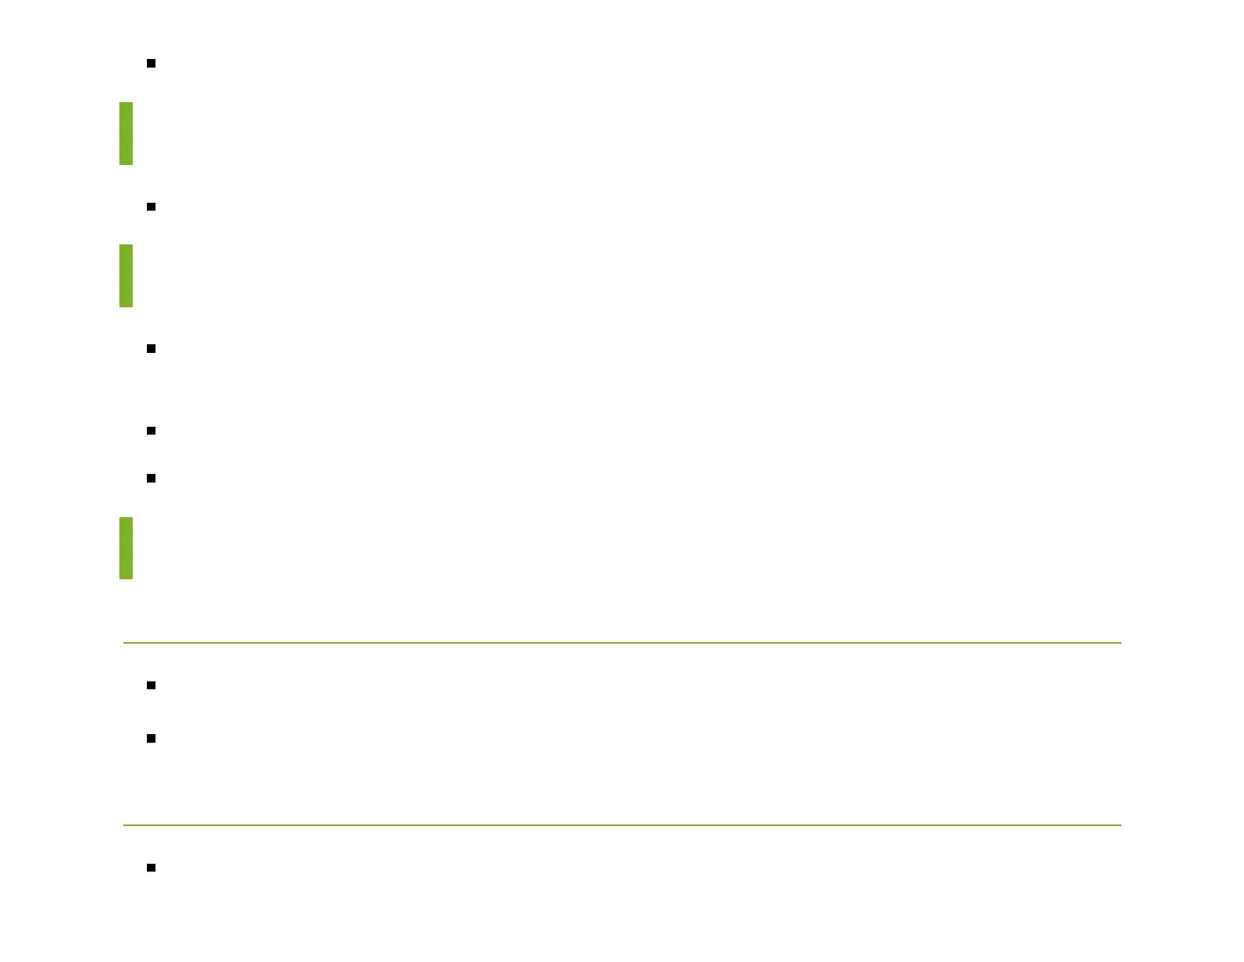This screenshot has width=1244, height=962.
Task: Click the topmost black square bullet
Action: (x=151, y=63)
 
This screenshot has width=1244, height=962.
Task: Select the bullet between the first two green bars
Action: (x=151, y=207)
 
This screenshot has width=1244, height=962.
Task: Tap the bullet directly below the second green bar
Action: (x=151, y=348)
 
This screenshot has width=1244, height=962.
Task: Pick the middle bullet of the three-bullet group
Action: (x=151, y=431)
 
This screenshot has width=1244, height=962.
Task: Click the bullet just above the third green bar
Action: (x=151, y=478)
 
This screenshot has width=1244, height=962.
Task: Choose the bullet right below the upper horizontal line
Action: (x=151, y=685)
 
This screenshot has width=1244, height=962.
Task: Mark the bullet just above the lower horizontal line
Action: (x=151, y=738)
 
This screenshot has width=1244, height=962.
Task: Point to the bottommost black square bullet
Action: (x=151, y=868)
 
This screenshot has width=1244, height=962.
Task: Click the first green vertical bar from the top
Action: (x=126, y=134)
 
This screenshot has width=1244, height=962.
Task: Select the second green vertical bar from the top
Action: (x=126, y=276)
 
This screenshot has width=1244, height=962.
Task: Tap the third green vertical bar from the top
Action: (x=126, y=548)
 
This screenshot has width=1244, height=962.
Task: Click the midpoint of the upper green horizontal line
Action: (x=622, y=643)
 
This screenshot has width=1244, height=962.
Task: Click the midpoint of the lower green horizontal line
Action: (x=622, y=825)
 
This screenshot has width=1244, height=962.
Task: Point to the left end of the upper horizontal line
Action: (x=124, y=643)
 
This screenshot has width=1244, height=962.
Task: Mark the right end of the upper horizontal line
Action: (x=1121, y=643)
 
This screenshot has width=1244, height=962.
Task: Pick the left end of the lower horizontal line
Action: (x=124, y=825)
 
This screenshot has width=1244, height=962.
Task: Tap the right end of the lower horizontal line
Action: (x=1121, y=825)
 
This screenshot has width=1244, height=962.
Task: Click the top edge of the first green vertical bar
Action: (x=126, y=103)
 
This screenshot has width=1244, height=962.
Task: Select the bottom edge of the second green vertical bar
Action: (x=126, y=307)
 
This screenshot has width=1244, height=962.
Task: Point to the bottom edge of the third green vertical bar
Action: (x=126, y=578)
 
